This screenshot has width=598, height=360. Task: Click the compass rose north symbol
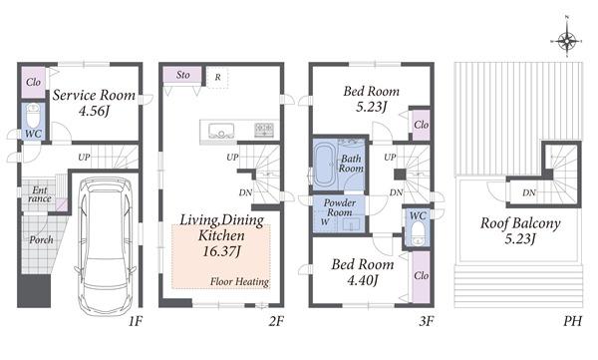coord(565,40)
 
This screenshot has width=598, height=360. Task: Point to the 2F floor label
coord(276,322)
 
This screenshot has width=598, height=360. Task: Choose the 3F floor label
coord(425,322)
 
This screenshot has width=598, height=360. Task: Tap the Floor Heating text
coord(239,282)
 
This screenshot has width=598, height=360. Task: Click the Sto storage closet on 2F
coord(182,75)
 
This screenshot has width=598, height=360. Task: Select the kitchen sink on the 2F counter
coord(220,129)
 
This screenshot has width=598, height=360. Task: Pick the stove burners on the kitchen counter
coord(264,129)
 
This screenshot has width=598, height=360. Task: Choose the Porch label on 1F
coord(42,239)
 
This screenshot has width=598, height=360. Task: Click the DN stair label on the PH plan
coord(529,192)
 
